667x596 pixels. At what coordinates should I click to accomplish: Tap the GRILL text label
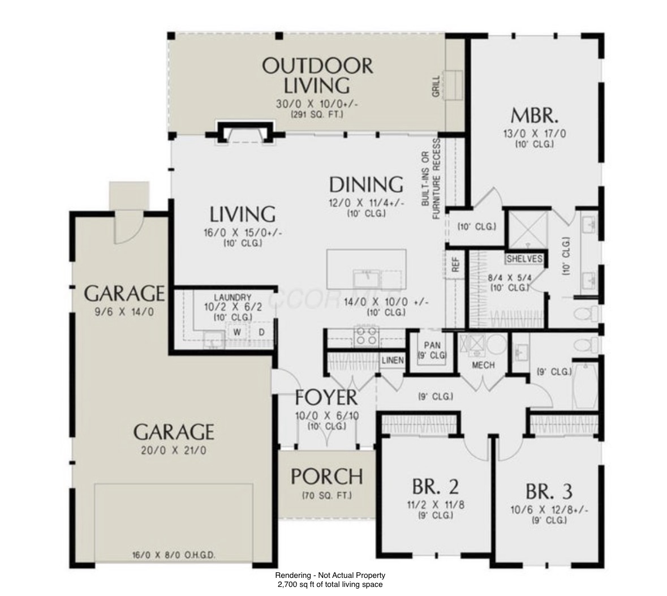click(436, 87)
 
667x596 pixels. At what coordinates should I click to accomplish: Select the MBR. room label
click(535, 115)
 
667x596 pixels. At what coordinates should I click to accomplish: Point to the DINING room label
click(366, 185)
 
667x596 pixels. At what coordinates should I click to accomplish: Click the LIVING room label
click(243, 215)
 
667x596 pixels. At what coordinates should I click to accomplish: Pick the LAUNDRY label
click(233, 298)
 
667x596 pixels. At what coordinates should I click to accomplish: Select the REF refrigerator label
click(455, 265)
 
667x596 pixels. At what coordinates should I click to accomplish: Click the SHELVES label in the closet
click(524, 259)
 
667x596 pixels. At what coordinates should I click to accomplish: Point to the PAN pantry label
click(432, 346)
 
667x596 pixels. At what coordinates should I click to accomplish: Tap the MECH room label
click(484, 365)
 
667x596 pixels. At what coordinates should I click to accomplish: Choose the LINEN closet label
click(392, 361)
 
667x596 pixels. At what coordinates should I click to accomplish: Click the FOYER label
click(326, 397)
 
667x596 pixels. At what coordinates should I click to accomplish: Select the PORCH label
click(326, 477)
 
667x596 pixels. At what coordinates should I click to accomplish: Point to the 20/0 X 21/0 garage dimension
click(174, 451)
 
